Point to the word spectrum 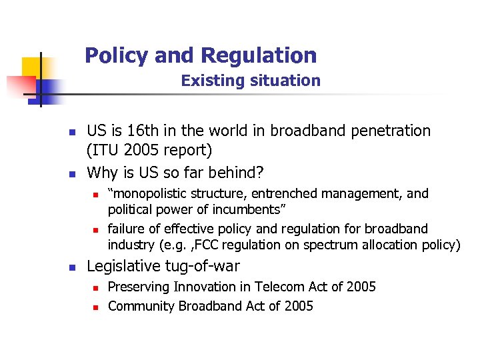(x=329, y=245)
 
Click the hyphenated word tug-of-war (x=207, y=266)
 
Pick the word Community (x=139, y=307)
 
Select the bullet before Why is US (x=73, y=174)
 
